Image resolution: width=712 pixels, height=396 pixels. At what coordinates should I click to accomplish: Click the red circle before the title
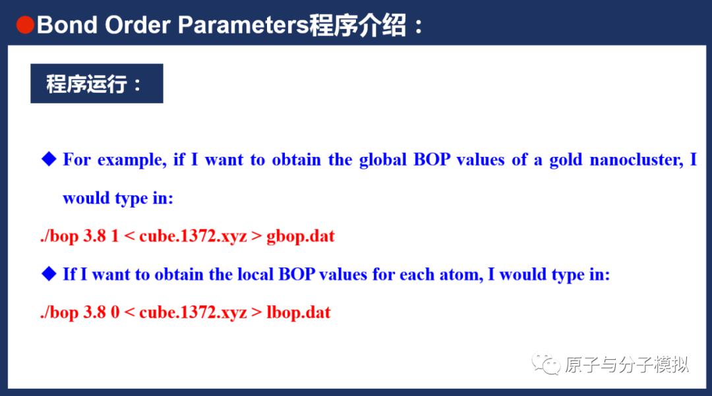pos(25,26)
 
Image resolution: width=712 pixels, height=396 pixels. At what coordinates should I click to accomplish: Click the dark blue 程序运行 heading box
pos(96,84)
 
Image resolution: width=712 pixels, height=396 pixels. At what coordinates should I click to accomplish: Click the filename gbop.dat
pos(301,236)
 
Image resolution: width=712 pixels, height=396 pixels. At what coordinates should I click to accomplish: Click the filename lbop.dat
pos(298,312)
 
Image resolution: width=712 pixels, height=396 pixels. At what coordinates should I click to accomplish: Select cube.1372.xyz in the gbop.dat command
pos(193,236)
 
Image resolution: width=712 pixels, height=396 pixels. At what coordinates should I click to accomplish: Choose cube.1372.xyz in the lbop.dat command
pos(193,312)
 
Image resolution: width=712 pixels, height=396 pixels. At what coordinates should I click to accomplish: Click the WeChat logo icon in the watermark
pos(547,364)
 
